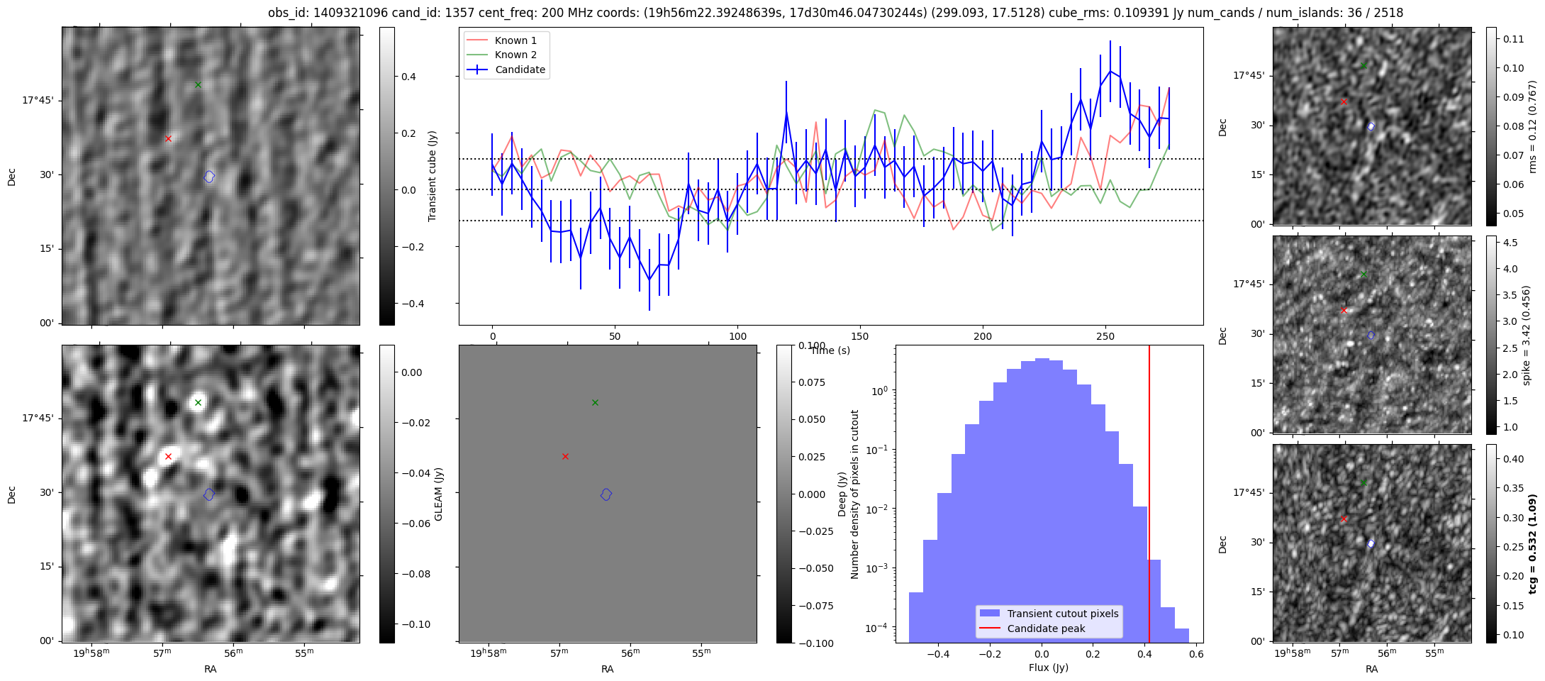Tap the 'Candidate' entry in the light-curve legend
[x=520, y=70]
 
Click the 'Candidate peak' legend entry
[x=1046, y=629]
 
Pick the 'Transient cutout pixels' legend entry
[x=1062, y=614]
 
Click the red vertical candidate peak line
[x=1149, y=497]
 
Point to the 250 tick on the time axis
[x=1105, y=336]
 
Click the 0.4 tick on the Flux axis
[x=1145, y=655]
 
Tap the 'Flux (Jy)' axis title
[x=1048, y=668]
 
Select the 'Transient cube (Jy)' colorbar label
[x=433, y=176]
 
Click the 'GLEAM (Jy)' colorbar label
[x=438, y=494]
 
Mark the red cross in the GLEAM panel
[x=168, y=456]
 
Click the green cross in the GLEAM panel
[x=198, y=402]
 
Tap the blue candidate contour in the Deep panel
[x=606, y=494]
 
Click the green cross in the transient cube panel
[x=198, y=84]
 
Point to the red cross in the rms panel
[x=1344, y=101]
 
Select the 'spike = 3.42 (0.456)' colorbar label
[x=1527, y=335]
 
